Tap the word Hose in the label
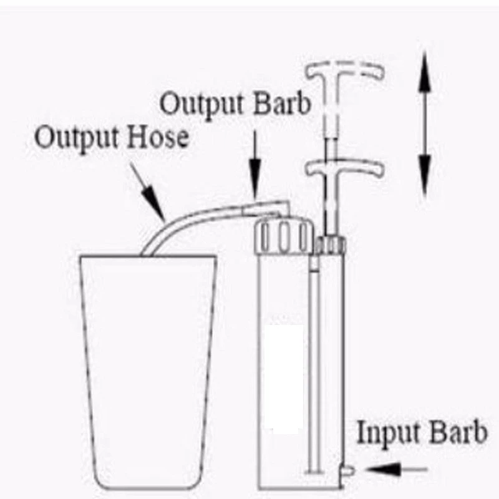pos(160,137)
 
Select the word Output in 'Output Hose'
pos(77,137)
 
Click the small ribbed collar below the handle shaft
pos(329,245)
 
